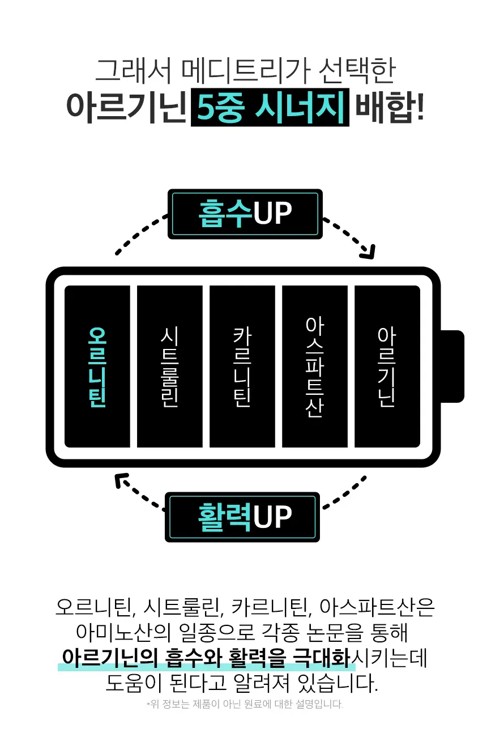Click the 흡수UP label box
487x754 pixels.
pyautogui.click(x=245, y=214)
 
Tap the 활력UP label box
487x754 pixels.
pyautogui.click(x=242, y=517)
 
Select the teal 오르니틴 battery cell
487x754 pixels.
pyautogui.click(x=97, y=367)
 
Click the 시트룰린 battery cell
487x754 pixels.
pyautogui.click(x=170, y=367)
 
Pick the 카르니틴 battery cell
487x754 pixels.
pyautogui.click(x=242, y=367)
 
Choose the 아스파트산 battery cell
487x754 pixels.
pyautogui.click(x=315, y=367)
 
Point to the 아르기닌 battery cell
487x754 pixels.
pyautogui.click(x=387, y=367)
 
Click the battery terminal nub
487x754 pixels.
pyautogui.click(x=452, y=366)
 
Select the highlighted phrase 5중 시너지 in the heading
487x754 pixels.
pyautogui.click(x=270, y=108)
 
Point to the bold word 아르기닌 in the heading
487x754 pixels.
pyautogui.click(x=126, y=108)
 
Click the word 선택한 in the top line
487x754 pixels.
pyautogui.click(x=357, y=71)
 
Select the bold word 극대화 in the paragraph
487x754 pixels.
pyautogui.click(x=322, y=657)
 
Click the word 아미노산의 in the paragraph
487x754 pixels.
pyautogui.click(x=123, y=632)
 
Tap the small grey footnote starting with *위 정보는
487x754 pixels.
pyautogui.click(x=245, y=704)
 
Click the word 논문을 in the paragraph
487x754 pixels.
pyautogui.click(x=335, y=632)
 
